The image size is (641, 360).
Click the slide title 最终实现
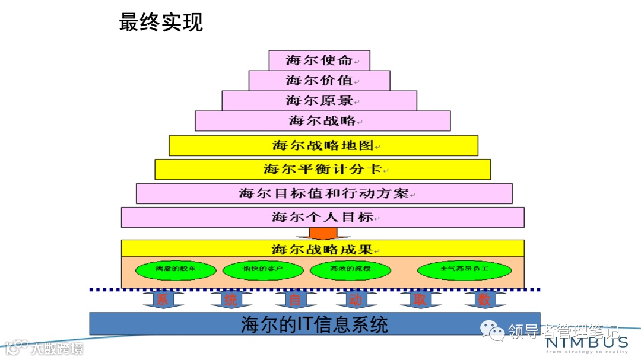coord(161,22)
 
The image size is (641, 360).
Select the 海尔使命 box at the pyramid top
coord(319,60)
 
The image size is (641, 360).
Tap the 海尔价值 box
coord(319,80)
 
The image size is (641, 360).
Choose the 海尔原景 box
coord(319,100)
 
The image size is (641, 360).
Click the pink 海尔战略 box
coord(323,121)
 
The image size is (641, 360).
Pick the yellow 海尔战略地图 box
coord(323,145)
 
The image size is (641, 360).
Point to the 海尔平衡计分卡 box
coord(323,169)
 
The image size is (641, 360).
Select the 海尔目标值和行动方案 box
coord(324,193)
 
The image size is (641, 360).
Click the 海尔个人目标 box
coord(323,217)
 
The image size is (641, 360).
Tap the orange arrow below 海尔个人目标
coord(323,233)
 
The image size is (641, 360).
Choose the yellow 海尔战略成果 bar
coord(323,248)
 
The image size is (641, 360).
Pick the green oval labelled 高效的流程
coord(350,270)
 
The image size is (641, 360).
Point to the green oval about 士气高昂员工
coord(464,270)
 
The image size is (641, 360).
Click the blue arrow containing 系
coord(163,299)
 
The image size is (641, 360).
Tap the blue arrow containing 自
coord(295,299)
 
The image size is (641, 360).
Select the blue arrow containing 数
coord(484,299)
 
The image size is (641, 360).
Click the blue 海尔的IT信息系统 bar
coord(315,324)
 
